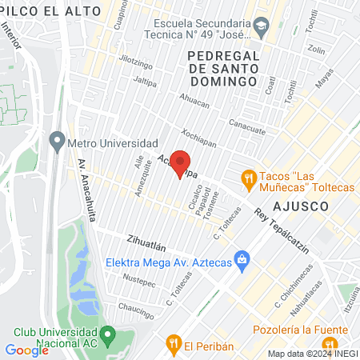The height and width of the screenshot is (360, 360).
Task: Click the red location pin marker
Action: (x=182, y=162)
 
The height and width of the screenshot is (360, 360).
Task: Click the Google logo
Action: (x=26, y=350)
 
